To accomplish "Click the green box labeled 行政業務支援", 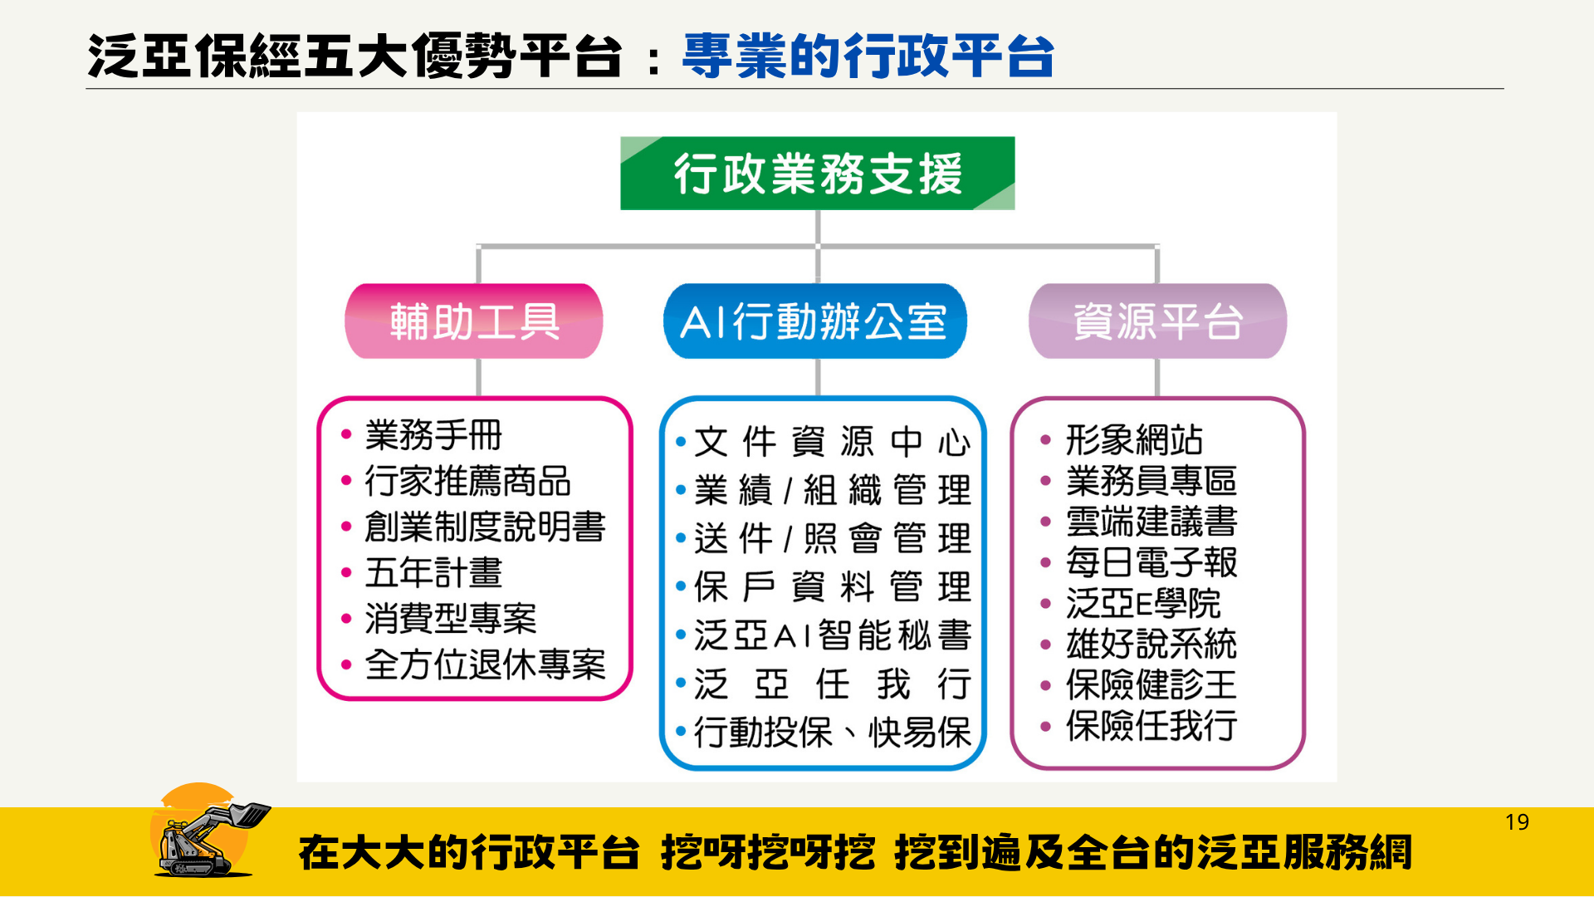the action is point(818,173).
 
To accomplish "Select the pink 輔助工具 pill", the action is point(474,321).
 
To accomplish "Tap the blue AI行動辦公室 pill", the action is point(815,321).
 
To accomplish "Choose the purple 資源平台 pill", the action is point(1157,321).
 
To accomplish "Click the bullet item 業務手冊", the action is point(433,434).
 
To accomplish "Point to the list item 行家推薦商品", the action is point(468,481).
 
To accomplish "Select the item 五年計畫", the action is point(433,572).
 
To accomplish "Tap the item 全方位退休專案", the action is point(486,664).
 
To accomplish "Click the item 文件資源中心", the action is point(832,442).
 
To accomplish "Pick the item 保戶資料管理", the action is point(832,587).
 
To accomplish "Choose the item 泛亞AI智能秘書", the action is point(832,635).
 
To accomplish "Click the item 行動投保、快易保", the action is point(832,733).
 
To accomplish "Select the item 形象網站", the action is point(1134,440).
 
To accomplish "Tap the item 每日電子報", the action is point(1151,562).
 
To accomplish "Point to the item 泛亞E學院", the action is point(1143,603).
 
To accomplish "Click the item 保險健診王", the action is point(1151,685).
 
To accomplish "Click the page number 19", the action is point(1517,822).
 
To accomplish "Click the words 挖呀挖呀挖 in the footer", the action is point(768,853).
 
